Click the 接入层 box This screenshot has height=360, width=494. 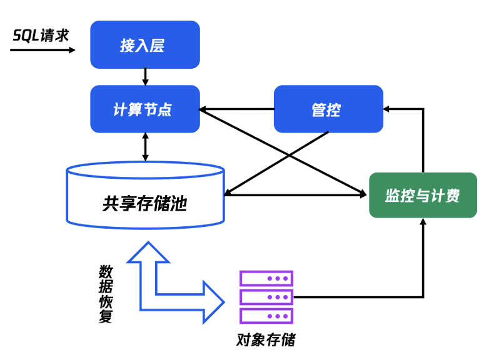pyautogui.click(x=145, y=45)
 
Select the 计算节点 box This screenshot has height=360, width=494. pyautogui.click(x=145, y=109)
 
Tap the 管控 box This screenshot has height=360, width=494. pyautogui.click(x=328, y=109)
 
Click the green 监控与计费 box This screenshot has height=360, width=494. pyautogui.click(x=423, y=195)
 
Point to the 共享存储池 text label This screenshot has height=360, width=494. pyautogui.click(x=144, y=204)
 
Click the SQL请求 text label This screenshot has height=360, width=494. pyautogui.click(x=41, y=35)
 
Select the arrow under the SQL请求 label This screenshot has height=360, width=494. pyautogui.click(x=43, y=50)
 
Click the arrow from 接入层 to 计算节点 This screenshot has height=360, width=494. pyautogui.click(x=145, y=76)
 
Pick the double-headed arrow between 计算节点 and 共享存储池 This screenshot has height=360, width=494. pyautogui.click(x=145, y=147)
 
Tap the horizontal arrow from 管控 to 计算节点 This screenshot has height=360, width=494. pyautogui.click(x=236, y=109)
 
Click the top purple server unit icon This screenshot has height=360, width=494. pyautogui.click(x=266, y=278)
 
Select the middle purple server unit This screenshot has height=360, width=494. pyautogui.click(x=266, y=297)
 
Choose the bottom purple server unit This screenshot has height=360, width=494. pyautogui.click(x=266, y=316)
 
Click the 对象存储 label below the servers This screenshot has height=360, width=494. pyautogui.click(x=266, y=340)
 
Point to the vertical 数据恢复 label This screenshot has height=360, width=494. pyautogui.click(x=106, y=294)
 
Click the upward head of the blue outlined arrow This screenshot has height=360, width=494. pyautogui.click(x=148, y=252)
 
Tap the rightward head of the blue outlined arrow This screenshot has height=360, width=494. pyautogui.click(x=214, y=302)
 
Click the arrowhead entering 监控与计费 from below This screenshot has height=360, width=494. pyautogui.click(x=423, y=221)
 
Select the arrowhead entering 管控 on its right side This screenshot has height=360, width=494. pyautogui.click(x=386, y=109)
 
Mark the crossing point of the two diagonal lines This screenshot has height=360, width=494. pyautogui.click(x=289, y=155)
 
